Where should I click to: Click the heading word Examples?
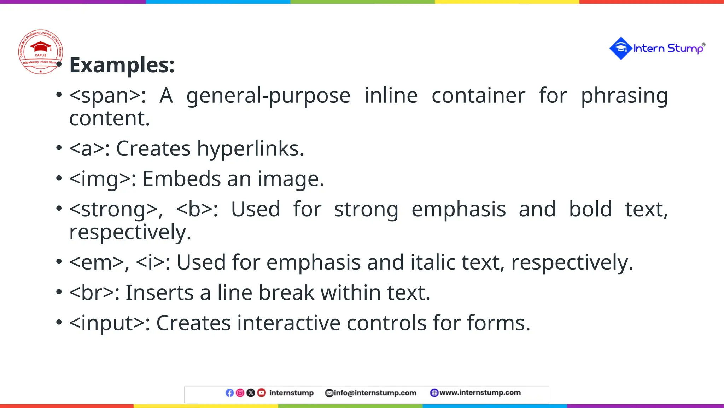click(x=122, y=65)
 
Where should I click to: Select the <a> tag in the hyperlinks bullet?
click(x=87, y=148)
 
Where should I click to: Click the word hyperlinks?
click(x=250, y=148)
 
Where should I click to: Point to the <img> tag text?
click(x=100, y=179)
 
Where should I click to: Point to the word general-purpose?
click(x=268, y=96)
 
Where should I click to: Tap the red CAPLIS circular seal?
click(x=41, y=52)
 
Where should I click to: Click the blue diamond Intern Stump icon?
click(x=621, y=48)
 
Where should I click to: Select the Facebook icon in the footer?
click(x=229, y=393)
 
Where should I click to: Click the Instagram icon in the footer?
click(x=240, y=393)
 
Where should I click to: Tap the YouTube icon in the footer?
click(x=261, y=393)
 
